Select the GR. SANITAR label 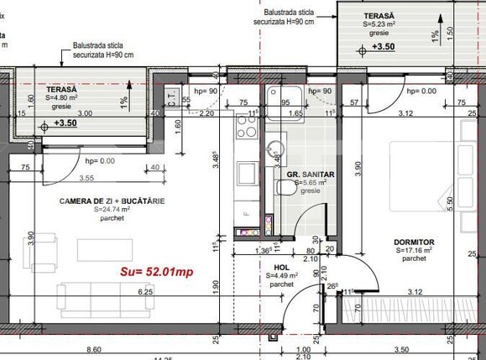pyautogui.click(x=310, y=175)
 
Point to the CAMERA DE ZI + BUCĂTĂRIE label pyautogui.click(x=112, y=201)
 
